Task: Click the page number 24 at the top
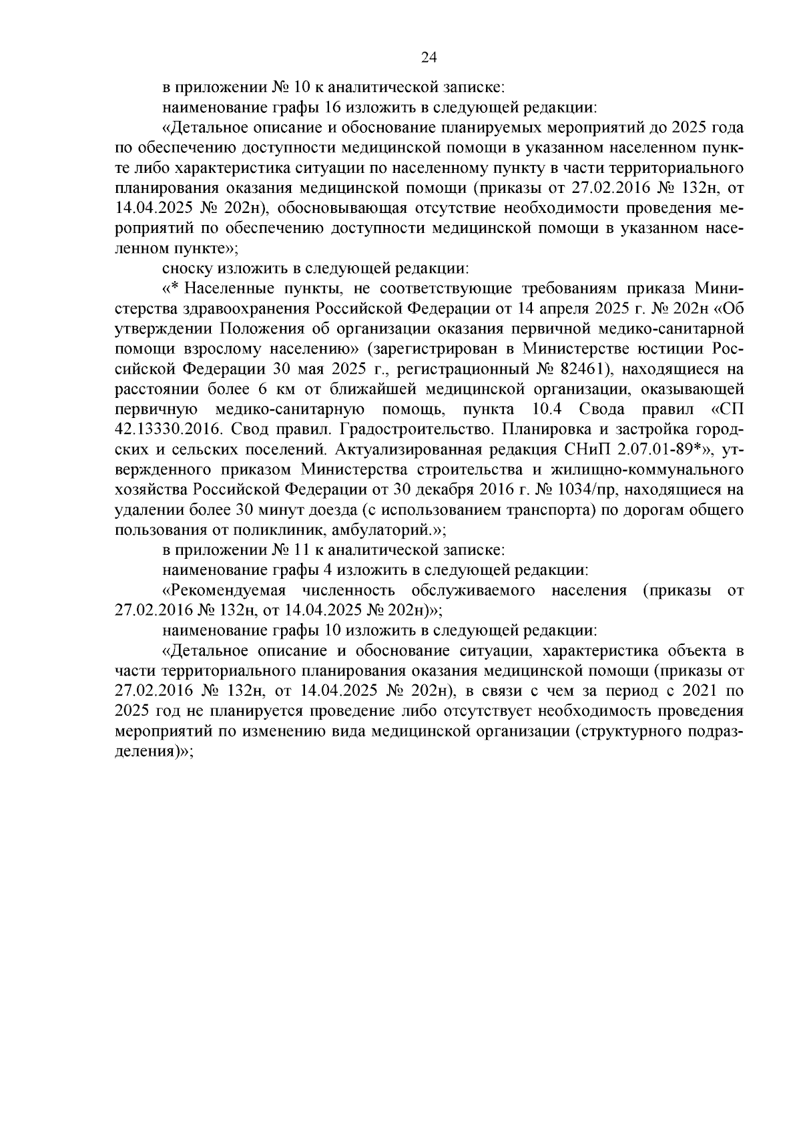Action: click(x=429, y=57)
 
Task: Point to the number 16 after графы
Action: click(x=333, y=107)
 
